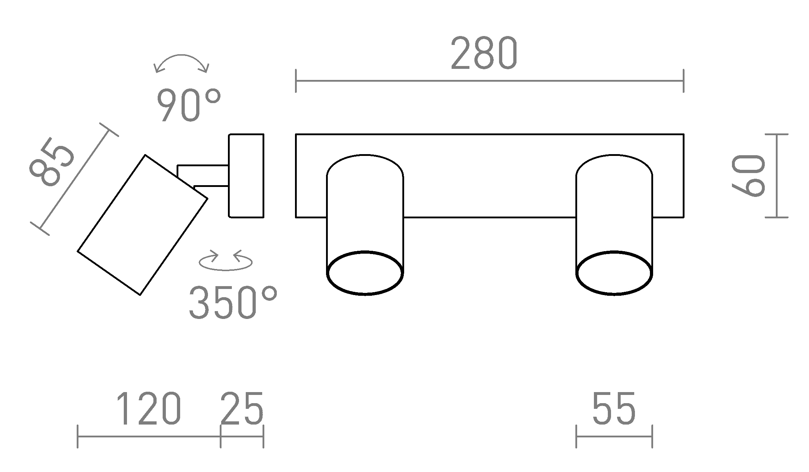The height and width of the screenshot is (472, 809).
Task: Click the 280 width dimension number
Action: (484, 54)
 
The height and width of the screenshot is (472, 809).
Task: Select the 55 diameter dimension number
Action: (614, 408)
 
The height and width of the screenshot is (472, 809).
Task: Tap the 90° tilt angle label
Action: (188, 105)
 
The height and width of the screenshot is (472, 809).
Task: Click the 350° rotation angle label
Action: (233, 303)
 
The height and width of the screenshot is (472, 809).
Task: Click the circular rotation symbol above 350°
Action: (225, 262)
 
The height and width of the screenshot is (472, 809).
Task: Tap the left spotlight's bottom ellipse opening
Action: (365, 273)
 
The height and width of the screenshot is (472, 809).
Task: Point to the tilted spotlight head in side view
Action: (142, 225)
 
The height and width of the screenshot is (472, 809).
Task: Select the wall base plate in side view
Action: (246, 176)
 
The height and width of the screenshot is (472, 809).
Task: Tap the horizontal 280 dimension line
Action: (489, 81)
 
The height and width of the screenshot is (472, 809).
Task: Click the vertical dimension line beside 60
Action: (777, 176)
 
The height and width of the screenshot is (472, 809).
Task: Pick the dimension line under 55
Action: (614, 436)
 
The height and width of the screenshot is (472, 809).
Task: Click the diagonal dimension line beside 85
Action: (74, 179)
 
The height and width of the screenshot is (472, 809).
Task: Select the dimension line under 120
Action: (149, 436)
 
